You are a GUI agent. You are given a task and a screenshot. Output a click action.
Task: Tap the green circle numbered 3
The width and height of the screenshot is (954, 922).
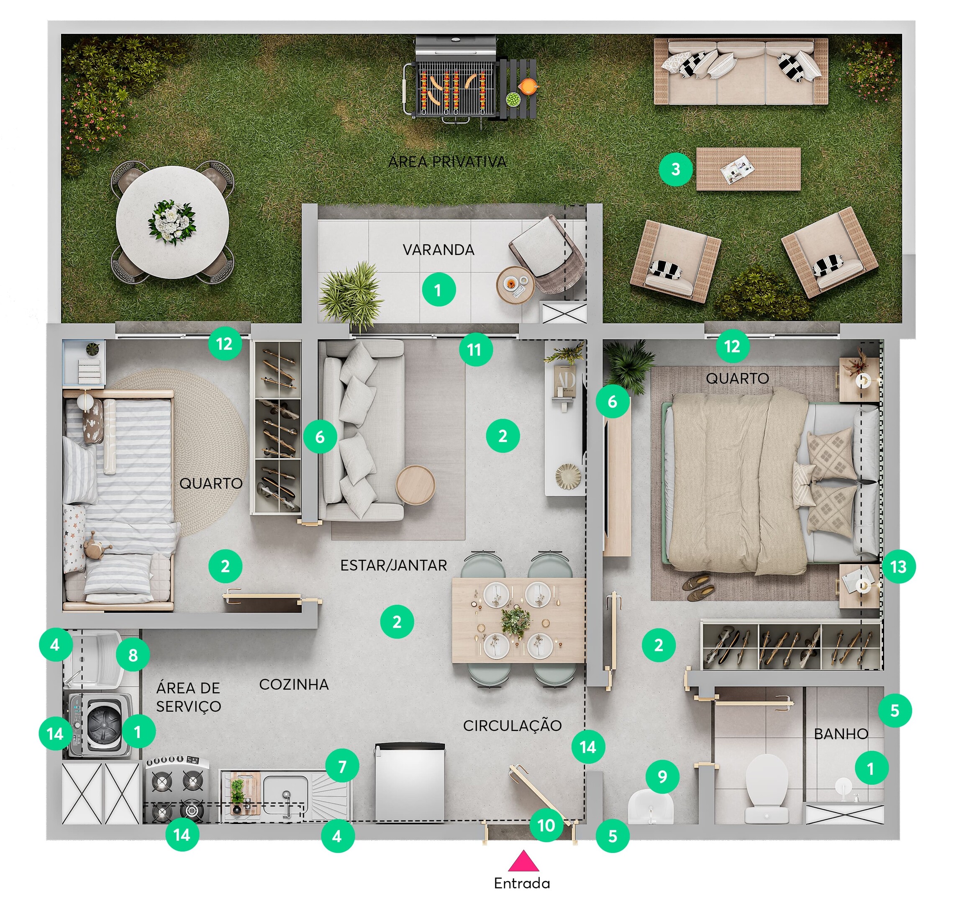(676, 170)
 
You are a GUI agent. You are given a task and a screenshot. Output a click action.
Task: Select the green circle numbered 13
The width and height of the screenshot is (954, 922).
(898, 567)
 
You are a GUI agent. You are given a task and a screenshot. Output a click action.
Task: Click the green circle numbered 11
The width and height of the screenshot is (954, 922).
(474, 349)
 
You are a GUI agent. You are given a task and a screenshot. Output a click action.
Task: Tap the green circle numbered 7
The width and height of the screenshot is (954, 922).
(342, 766)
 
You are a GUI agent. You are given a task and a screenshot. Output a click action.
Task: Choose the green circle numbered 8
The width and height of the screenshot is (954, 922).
(133, 655)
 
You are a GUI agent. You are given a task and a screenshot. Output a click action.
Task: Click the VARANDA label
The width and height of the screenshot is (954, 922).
(438, 250)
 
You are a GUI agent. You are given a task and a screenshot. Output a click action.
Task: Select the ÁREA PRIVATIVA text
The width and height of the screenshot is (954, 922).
(447, 162)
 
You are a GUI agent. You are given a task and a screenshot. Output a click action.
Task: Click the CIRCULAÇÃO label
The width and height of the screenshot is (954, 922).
(512, 726)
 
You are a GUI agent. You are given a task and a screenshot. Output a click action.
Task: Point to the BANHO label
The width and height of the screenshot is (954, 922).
(841, 734)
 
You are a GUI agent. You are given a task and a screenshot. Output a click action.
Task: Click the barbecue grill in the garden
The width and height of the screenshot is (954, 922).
(455, 80)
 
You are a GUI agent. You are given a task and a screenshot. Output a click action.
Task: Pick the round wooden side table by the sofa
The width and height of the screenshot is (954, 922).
(415, 484)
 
